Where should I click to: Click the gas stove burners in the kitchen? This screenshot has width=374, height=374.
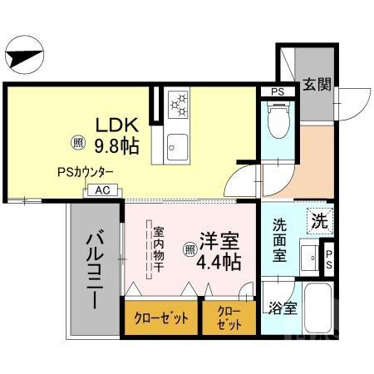[x=179, y=104]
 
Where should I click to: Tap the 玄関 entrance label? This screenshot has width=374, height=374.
[x=317, y=85]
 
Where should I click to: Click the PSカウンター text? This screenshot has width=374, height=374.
[x=86, y=173]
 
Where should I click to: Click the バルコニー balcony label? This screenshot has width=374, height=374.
[x=92, y=269]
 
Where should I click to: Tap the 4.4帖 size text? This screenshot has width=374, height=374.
[x=219, y=263]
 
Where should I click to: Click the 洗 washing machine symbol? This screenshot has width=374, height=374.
[x=318, y=221]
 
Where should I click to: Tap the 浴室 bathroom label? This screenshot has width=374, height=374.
[x=281, y=308]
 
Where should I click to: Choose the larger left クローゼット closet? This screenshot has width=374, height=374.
[x=161, y=318]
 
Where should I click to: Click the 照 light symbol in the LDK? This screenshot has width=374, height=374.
[x=77, y=141]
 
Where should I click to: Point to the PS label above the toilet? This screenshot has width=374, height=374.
[x=278, y=91]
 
